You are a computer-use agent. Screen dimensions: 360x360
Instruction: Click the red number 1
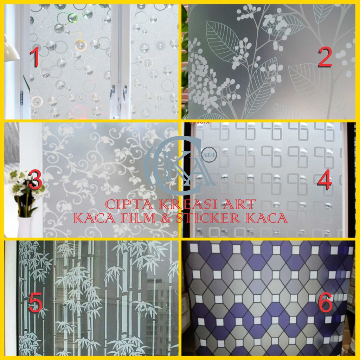(34, 57)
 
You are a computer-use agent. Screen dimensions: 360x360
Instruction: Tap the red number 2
(325, 57)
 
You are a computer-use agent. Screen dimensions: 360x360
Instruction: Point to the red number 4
(324, 180)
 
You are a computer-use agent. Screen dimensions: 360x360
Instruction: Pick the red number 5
(35, 303)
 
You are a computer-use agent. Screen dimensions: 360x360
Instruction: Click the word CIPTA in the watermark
(129, 204)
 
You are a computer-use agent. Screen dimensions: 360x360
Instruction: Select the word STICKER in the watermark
(208, 218)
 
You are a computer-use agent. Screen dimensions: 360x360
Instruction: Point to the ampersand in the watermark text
(166, 218)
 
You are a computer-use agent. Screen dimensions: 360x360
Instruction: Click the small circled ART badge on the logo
(209, 155)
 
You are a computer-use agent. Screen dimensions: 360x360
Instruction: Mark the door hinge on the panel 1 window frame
(22, 98)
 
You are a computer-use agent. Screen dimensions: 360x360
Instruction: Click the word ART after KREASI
(239, 204)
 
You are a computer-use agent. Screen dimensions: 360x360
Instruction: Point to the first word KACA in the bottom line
(94, 218)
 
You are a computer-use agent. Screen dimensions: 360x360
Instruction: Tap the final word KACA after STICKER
(266, 218)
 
